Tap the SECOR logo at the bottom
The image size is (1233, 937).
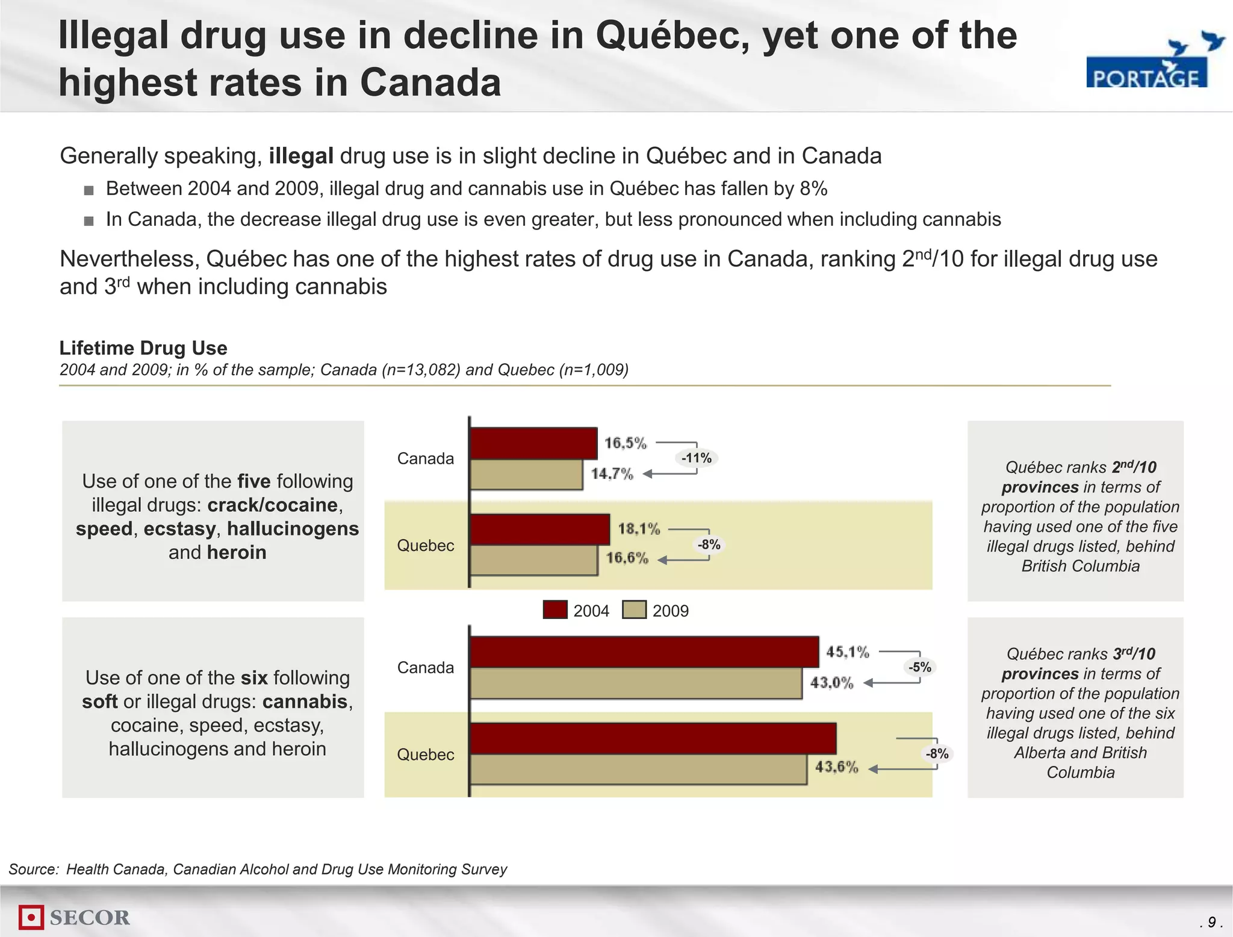point(75,917)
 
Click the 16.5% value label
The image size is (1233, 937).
point(625,443)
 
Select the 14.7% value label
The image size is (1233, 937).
point(612,474)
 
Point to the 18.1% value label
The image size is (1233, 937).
point(639,529)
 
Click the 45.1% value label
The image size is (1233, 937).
point(847,652)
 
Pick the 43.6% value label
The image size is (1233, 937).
point(836,767)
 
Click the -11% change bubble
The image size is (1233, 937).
point(697,458)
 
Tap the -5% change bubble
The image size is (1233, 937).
point(920,667)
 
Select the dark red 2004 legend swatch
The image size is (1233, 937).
point(554,610)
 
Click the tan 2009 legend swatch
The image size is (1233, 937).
point(634,610)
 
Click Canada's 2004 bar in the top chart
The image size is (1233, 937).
point(533,443)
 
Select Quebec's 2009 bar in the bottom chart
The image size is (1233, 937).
point(638,769)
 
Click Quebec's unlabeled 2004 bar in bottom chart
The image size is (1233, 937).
point(653,738)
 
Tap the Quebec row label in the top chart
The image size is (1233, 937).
point(425,546)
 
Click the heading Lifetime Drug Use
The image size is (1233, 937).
point(143,348)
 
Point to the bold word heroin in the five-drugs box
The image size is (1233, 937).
point(237,552)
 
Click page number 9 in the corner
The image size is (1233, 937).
point(1211,922)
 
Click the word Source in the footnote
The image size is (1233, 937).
point(33,869)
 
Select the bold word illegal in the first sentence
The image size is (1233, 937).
point(300,156)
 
